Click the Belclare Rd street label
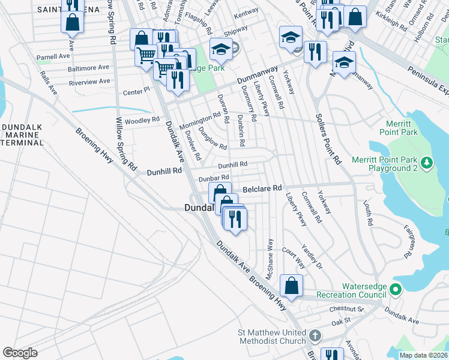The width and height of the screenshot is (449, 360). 262,188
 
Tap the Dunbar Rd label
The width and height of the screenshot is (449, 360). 214,178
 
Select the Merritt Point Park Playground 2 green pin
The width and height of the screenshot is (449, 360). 427,163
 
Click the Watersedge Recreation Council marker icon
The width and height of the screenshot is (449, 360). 395,290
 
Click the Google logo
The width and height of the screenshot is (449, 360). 20,352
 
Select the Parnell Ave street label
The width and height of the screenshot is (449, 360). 53,57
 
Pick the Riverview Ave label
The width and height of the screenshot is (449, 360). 89,81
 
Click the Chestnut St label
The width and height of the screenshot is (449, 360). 347,309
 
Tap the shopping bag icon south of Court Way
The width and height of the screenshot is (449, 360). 291,286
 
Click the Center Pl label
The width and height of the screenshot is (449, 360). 135,92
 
